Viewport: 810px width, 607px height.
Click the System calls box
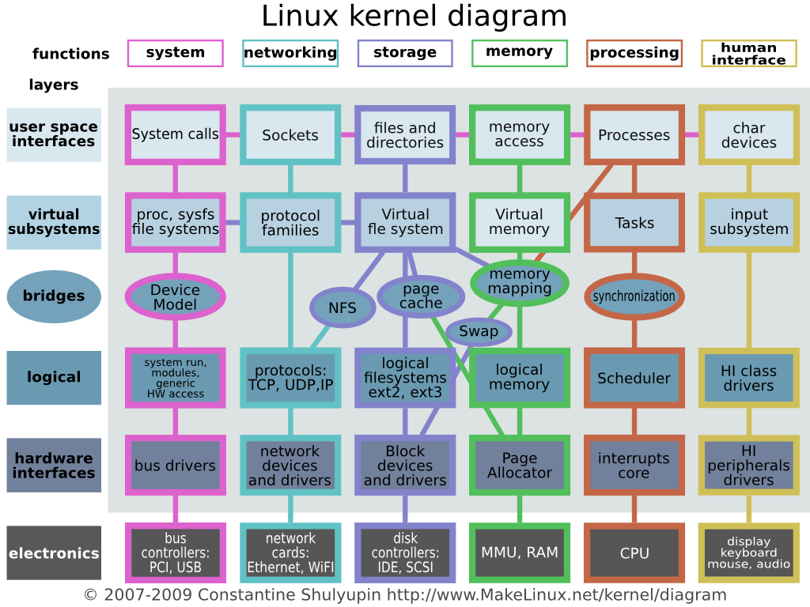175,135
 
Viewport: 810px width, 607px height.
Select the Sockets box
290,135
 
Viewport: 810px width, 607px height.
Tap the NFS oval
342,308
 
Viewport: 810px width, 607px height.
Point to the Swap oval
479,331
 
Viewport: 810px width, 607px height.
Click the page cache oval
421,296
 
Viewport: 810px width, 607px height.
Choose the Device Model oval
175,297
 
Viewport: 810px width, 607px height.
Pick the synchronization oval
634,297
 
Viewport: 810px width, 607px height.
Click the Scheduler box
634,378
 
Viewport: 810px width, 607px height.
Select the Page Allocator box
519,466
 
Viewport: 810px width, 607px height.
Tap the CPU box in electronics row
634,553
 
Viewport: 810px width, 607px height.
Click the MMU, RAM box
519,552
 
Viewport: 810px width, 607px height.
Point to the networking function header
290,53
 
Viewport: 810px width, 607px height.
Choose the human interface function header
748,54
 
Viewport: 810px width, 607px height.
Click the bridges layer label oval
54,296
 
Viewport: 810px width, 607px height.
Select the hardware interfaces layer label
54,466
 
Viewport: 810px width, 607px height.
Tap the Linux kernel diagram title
414,17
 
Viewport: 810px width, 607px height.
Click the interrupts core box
634,466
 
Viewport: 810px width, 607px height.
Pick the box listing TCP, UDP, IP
290,378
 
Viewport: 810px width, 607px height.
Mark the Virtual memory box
519,222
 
